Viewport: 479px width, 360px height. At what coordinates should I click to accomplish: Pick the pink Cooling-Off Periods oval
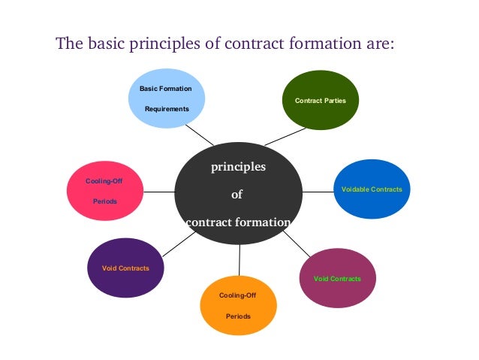point(104,191)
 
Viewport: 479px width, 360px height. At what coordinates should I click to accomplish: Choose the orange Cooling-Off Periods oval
point(238,305)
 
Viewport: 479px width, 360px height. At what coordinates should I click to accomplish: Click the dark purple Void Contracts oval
point(125,268)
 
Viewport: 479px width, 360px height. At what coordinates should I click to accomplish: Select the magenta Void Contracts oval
point(337,279)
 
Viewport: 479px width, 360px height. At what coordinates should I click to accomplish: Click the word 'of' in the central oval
point(236,195)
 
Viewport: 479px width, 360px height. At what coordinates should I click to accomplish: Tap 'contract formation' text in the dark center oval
point(237,222)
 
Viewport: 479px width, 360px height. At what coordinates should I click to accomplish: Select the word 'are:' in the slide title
point(374,43)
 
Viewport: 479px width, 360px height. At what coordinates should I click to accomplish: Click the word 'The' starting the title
point(70,43)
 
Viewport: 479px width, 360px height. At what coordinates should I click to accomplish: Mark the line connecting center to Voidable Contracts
point(318,191)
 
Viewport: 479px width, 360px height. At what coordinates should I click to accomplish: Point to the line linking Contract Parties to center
point(283,137)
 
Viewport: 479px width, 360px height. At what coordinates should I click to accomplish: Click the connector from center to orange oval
point(239,260)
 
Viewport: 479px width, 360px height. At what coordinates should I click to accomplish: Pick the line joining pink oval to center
point(158,192)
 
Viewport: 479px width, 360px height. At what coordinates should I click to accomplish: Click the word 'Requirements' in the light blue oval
point(167,108)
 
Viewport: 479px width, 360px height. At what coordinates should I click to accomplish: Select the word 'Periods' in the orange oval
point(238,316)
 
